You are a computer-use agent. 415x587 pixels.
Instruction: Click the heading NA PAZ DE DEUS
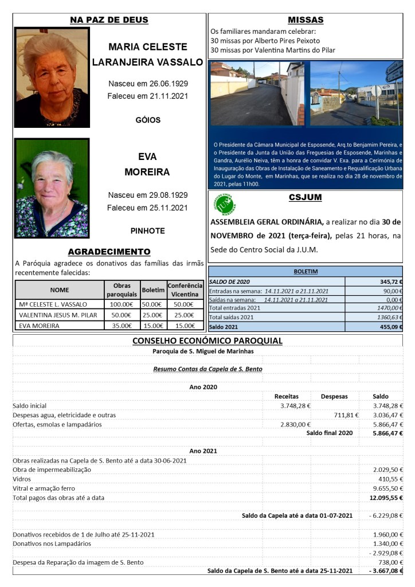(x=109, y=20)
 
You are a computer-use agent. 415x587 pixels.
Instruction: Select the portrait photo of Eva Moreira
(x=52, y=187)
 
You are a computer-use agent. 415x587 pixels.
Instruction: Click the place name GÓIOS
(x=147, y=120)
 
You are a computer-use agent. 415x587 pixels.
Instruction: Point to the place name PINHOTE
(x=147, y=231)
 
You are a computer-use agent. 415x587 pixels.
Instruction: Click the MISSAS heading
(x=306, y=20)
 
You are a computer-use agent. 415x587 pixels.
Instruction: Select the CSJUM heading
(x=306, y=198)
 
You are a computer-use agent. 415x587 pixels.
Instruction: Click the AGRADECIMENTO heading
(x=109, y=252)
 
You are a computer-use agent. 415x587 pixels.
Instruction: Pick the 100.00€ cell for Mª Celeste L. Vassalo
(x=121, y=304)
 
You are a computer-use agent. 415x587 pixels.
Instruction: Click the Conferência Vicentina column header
(x=185, y=289)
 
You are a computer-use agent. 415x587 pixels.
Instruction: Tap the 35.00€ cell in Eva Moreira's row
(x=121, y=326)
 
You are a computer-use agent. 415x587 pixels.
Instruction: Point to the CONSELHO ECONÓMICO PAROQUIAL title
(x=207, y=341)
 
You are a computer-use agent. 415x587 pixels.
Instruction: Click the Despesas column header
(x=334, y=396)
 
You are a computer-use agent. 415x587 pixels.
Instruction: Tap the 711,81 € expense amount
(x=346, y=415)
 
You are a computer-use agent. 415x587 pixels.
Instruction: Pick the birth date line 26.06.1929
(x=147, y=84)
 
